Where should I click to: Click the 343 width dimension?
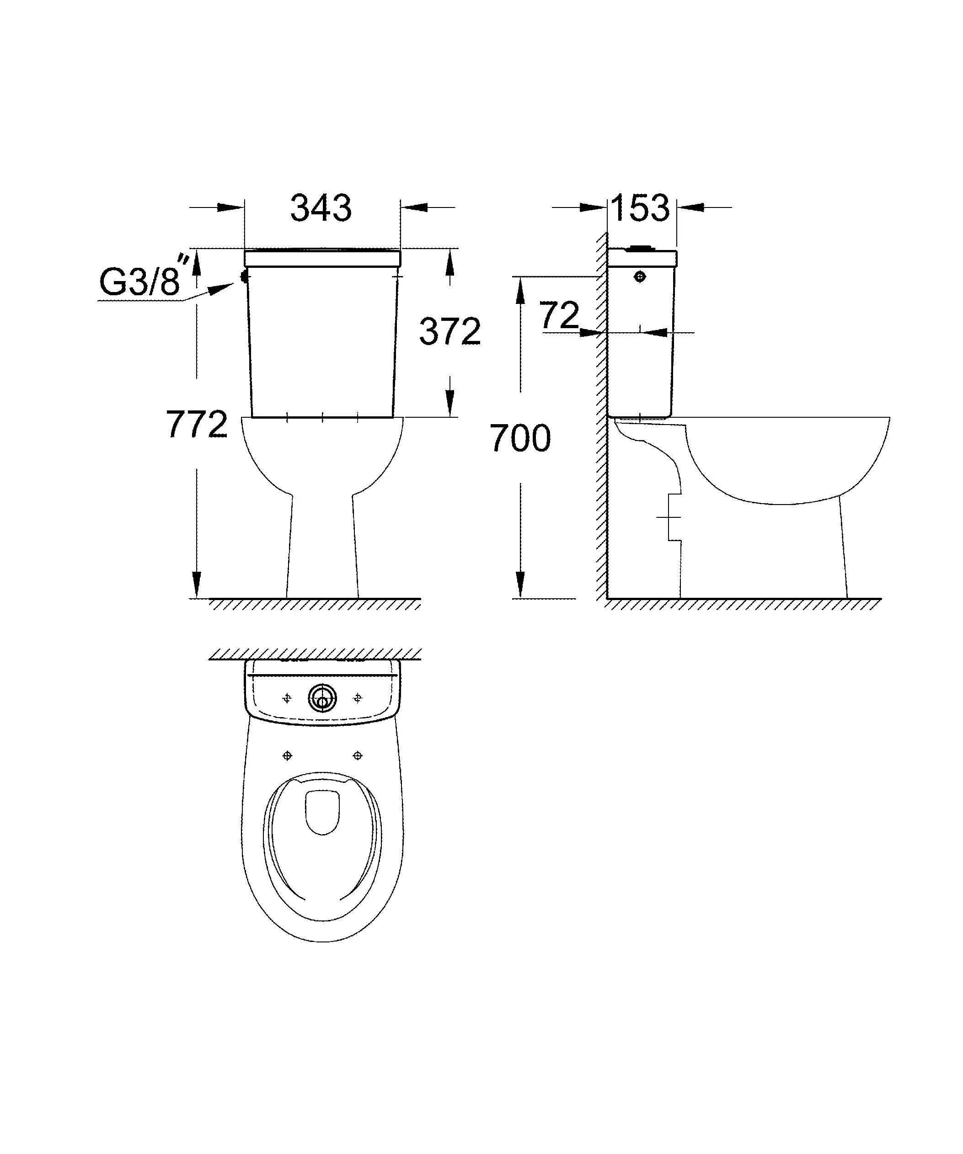tap(321, 208)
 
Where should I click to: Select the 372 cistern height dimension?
tap(449, 331)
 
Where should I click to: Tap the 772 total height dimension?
tap(197, 424)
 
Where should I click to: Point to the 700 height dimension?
tap(520, 439)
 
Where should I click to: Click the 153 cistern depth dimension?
tap(641, 208)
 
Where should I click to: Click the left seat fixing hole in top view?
tap(287, 756)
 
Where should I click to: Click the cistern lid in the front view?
tap(322, 258)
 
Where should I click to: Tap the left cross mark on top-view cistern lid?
tap(287, 698)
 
